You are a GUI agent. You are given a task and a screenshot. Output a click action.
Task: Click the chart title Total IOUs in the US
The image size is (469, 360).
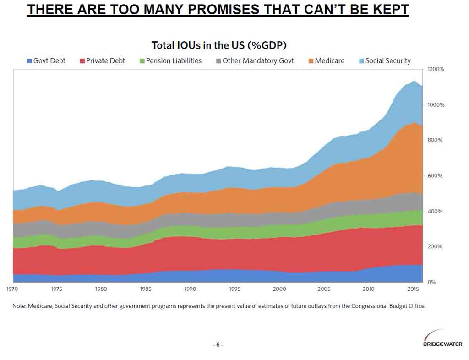point(219,45)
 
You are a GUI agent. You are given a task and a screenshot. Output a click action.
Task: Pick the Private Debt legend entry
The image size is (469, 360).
point(102,60)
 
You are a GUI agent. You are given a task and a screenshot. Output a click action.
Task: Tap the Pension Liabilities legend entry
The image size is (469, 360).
point(170,60)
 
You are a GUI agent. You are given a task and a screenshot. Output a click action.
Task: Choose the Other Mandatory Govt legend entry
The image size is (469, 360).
point(255,60)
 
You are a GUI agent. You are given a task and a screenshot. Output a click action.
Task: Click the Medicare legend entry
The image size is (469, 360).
point(326,60)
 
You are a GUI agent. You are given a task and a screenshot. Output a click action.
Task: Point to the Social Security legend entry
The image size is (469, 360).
point(384,60)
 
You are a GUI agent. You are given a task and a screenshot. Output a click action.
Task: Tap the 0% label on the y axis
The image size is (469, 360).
point(431,282)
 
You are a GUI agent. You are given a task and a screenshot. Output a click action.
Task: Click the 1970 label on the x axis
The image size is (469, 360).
point(12,289)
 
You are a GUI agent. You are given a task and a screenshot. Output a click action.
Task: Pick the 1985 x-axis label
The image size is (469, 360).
point(146,289)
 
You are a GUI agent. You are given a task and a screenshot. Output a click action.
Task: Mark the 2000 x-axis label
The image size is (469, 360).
point(279,289)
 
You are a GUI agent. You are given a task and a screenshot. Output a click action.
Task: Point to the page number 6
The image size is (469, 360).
point(218,345)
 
